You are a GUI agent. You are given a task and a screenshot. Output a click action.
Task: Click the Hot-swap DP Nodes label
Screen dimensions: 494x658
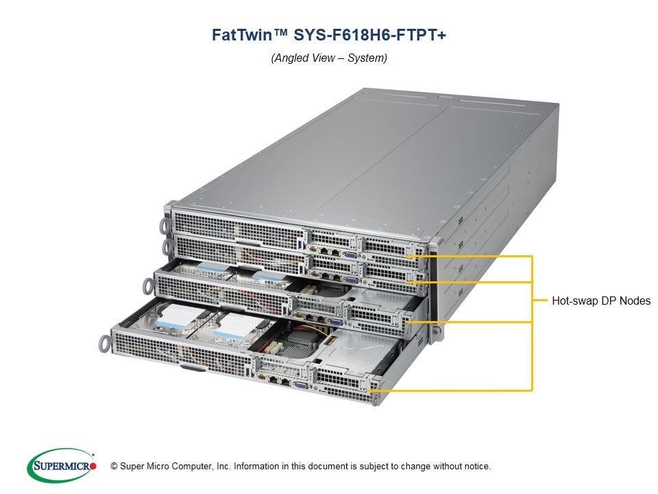(x=600, y=301)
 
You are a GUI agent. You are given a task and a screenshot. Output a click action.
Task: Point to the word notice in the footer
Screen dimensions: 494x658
(x=475, y=467)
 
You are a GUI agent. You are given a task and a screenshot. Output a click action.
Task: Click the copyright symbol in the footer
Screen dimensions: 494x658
(x=114, y=467)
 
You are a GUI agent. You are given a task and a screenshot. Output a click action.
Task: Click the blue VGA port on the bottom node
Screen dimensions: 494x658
(x=300, y=384)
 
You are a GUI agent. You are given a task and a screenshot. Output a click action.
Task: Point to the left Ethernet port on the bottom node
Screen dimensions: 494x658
(x=273, y=378)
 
